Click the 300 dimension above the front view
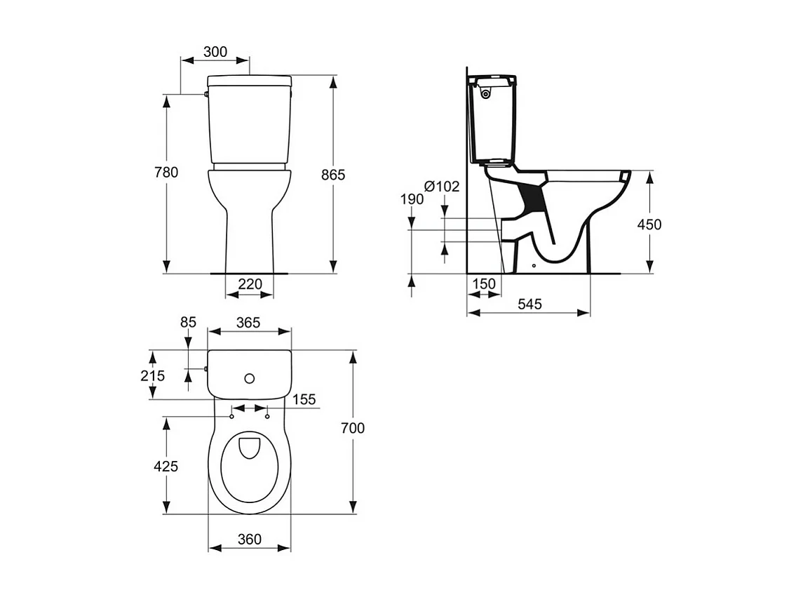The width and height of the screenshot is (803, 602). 215,52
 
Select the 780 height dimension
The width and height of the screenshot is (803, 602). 167,173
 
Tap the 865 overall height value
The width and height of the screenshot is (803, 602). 333,175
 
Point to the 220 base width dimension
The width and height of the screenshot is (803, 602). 250,284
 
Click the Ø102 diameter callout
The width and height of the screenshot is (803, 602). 442,187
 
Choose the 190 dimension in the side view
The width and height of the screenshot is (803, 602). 412,199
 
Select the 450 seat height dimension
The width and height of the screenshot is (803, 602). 649,225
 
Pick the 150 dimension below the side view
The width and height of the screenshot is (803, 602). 483,284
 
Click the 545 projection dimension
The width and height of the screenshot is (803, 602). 529,304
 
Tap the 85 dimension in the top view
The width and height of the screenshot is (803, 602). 188,323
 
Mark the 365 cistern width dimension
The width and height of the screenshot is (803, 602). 248,323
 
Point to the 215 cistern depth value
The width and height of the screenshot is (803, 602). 152,376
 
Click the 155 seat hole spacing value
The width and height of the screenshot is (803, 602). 304,399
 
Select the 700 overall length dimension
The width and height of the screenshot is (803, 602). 353,428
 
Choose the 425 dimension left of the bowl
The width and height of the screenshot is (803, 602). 166,466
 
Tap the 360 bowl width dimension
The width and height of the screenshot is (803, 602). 249,539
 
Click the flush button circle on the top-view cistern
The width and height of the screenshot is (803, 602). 249,378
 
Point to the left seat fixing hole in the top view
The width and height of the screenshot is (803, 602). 231,417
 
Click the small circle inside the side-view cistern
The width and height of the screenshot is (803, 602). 485,92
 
